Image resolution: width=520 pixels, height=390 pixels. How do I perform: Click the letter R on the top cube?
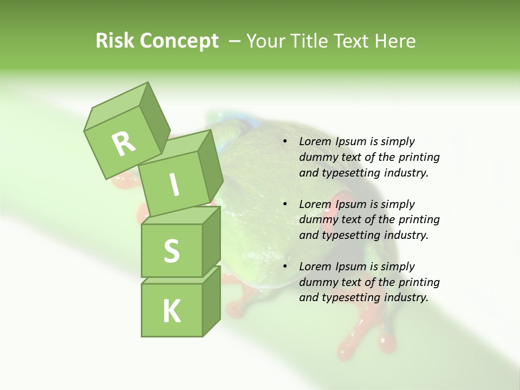(x=124, y=144)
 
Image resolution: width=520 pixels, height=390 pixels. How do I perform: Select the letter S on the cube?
(x=171, y=251)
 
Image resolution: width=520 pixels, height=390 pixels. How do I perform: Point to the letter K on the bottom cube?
(x=171, y=311)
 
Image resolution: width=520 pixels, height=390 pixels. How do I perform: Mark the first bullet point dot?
(x=285, y=142)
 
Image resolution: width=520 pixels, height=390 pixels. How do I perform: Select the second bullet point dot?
(x=285, y=205)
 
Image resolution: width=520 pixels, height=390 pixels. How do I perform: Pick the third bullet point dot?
(x=285, y=267)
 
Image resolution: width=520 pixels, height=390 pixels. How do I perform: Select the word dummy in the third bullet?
(x=317, y=282)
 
